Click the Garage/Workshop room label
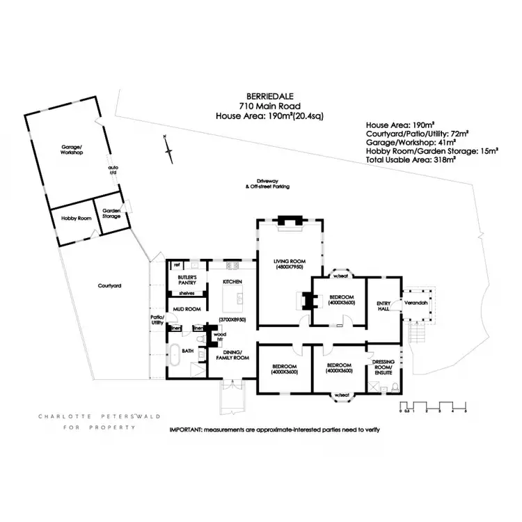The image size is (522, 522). click(x=71, y=150)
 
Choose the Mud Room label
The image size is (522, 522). click(x=187, y=308)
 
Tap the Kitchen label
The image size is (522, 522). click(x=231, y=282)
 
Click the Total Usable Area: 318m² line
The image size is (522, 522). click(x=411, y=160)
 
